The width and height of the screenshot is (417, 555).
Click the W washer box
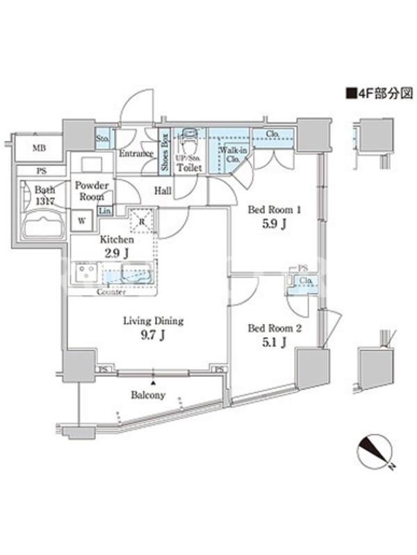[82, 221]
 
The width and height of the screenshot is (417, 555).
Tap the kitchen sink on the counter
[137, 271]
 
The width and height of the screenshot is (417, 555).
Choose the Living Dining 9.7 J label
[153, 328]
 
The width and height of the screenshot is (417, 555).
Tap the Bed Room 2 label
[275, 336]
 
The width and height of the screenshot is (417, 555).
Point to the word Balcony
[147, 395]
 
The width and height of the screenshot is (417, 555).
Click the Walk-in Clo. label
[230, 153]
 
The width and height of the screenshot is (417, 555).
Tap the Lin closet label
[105, 210]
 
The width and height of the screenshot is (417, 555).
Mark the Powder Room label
[92, 190]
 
